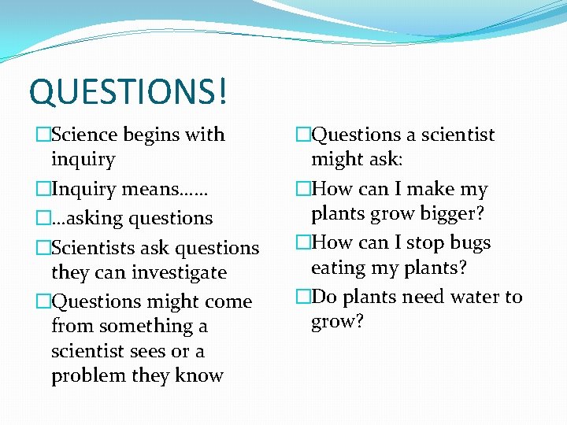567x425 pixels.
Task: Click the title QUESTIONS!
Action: tap(128, 91)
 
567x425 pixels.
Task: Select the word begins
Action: tap(150, 135)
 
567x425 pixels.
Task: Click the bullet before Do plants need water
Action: tap(303, 297)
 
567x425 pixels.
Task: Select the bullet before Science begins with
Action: tap(43, 135)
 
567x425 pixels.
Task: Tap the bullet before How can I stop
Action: tap(303, 243)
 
